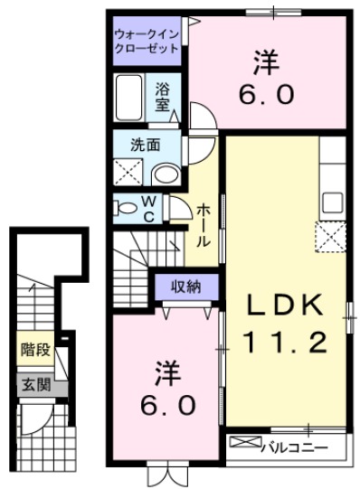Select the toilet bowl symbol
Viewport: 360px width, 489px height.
(126, 207)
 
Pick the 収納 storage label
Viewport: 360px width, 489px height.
(188, 287)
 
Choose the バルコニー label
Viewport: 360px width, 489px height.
(289, 445)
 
